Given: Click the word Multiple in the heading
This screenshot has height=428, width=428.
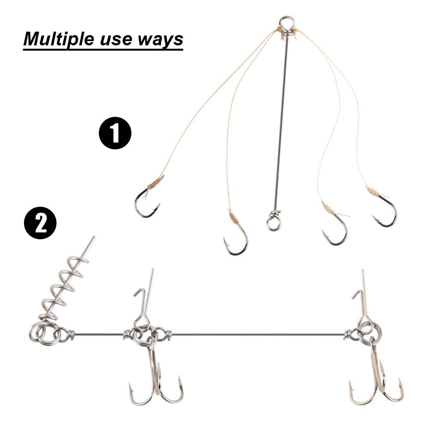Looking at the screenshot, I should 59,39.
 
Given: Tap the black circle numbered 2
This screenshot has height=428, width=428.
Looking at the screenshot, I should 41,224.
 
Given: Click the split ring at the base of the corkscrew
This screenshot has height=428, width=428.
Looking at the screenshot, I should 42,333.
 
